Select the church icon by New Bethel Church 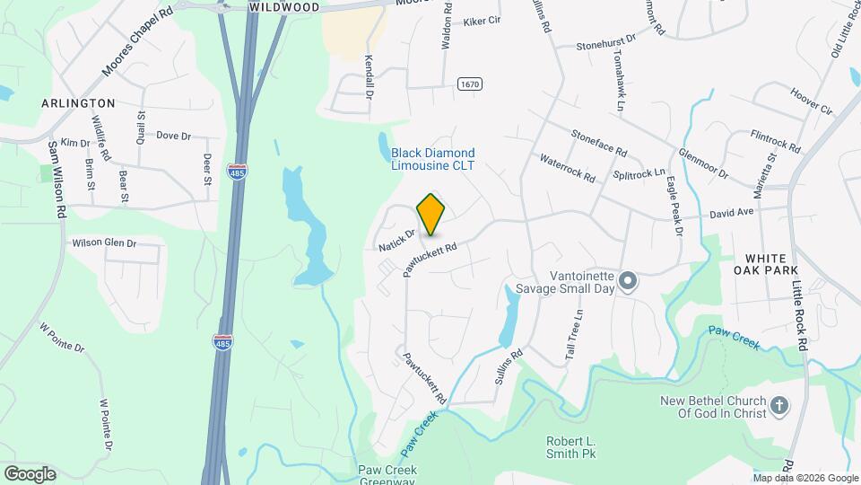(779, 406)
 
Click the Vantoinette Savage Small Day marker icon (628, 282)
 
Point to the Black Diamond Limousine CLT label (433, 159)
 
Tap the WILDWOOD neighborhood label (283, 6)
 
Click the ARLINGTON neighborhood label (78, 103)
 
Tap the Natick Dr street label (396, 240)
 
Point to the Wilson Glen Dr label (104, 243)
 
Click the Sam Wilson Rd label (57, 180)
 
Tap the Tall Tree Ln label (573, 336)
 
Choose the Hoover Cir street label (812, 100)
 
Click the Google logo (30, 474)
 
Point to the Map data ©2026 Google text (805, 478)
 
